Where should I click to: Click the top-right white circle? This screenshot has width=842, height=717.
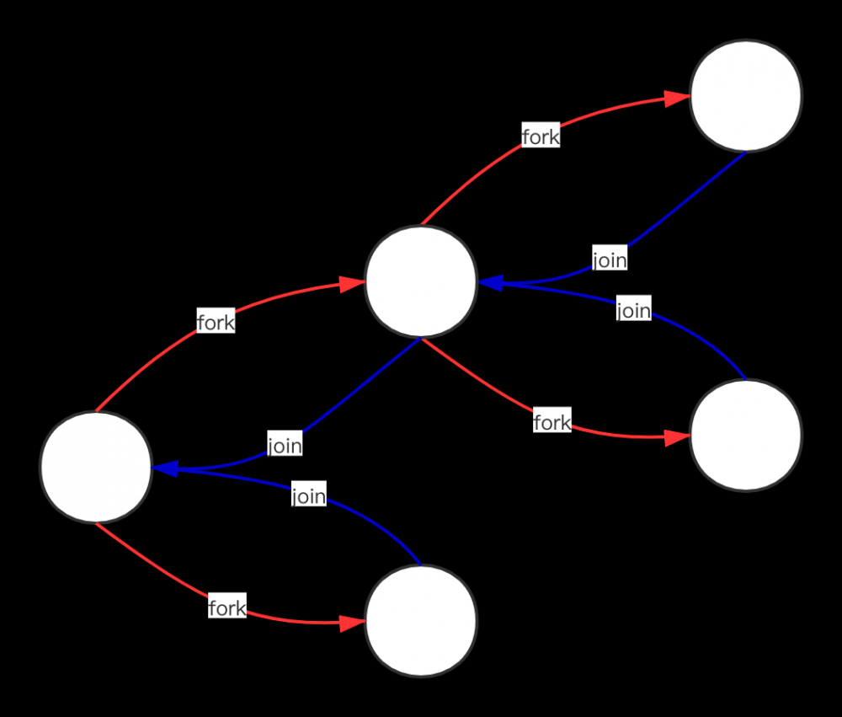(x=745, y=96)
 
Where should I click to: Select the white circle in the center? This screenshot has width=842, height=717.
(x=421, y=281)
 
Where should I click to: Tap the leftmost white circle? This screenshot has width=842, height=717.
(x=96, y=467)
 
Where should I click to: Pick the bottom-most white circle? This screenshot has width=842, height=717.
(x=421, y=621)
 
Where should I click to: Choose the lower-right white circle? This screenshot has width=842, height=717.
(x=745, y=436)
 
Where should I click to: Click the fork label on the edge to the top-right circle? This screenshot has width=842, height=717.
(x=541, y=136)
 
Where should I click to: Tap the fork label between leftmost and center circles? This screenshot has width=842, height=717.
(x=216, y=322)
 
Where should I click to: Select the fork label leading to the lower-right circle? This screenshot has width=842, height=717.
(x=552, y=422)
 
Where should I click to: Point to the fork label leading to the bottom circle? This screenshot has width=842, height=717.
(x=227, y=607)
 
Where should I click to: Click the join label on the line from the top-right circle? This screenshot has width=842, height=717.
(x=610, y=259)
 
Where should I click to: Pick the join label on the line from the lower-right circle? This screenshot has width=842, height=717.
(x=634, y=309)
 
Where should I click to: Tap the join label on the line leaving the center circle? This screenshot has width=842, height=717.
(x=285, y=445)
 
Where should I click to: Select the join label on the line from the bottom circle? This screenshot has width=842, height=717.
(x=309, y=495)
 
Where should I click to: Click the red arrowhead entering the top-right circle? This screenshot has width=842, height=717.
(x=677, y=99)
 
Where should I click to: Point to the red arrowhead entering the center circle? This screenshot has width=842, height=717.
(x=352, y=284)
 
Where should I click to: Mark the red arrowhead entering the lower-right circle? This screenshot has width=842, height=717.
(x=677, y=437)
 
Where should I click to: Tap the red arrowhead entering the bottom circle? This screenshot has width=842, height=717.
(x=352, y=623)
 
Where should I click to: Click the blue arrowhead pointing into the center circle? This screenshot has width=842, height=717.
(x=490, y=282)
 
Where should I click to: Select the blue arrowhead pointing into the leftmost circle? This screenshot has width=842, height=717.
(x=165, y=468)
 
